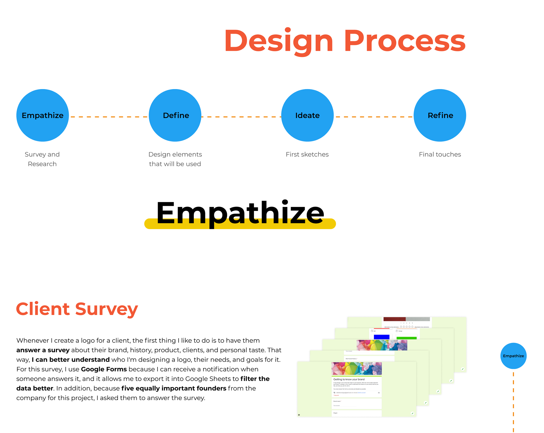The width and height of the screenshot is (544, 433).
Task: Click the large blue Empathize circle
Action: point(42,115)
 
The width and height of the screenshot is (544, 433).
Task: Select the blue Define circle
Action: point(175,115)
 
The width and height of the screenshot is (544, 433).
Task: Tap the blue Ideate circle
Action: point(307,115)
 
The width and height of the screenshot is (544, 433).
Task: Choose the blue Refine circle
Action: point(440,115)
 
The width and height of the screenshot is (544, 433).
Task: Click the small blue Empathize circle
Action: point(513,356)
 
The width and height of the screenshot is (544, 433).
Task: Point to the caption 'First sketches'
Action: point(307,154)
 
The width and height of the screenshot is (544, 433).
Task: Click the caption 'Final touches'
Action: point(440,154)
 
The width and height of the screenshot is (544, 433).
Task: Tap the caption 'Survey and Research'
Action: point(42,159)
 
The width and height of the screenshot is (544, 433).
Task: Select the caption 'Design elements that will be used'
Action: point(175,159)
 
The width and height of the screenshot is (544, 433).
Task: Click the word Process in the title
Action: point(405,41)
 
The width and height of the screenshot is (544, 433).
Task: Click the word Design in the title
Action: point(279,41)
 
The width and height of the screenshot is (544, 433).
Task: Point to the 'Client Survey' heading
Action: point(77,309)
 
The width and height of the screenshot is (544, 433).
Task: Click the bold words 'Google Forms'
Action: point(104,369)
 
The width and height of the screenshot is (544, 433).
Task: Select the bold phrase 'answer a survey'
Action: point(43,350)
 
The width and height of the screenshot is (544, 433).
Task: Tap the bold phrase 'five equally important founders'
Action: point(174,388)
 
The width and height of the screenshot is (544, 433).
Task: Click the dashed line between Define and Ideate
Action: point(241,117)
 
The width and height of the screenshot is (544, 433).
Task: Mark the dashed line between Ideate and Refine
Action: point(373,117)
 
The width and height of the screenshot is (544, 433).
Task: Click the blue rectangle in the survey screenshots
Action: point(381,337)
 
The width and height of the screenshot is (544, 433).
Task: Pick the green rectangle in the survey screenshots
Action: point(407,338)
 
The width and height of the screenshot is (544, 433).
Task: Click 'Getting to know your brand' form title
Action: point(349,379)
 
